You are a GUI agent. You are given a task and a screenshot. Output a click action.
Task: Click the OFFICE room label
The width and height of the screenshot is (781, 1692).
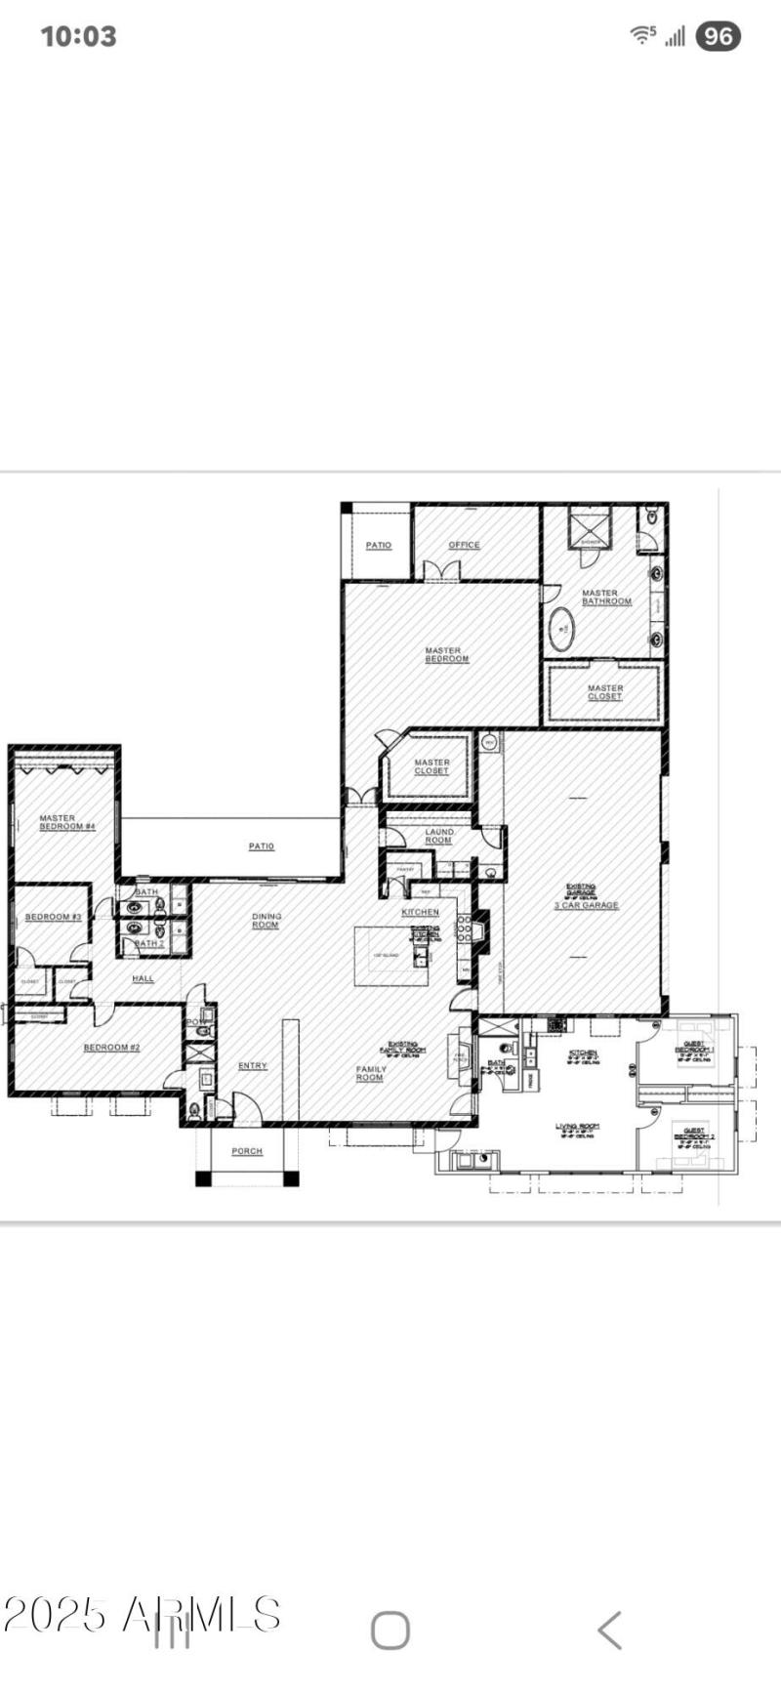click(x=464, y=545)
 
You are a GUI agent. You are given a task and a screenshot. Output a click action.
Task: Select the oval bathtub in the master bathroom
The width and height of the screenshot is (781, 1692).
click(x=561, y=630)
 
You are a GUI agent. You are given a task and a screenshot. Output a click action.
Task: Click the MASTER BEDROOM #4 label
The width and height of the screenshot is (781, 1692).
click(x=66, y=822)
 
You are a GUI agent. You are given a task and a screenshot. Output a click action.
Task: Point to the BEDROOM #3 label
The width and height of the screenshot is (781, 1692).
click(x=53, y=917)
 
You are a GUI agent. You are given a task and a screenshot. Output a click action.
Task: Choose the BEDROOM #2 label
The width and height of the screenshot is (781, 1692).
click(x=111, y=1048)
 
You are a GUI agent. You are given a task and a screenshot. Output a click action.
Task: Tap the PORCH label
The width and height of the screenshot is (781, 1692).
click(x=247, y=1151)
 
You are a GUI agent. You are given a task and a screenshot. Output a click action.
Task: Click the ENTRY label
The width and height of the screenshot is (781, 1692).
click(x=252, y=1065)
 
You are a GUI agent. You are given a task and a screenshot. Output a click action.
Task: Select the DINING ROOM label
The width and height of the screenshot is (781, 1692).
click(x=266, y=921)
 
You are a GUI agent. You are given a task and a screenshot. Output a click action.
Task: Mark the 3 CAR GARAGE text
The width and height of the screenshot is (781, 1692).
click(x=586, y=905)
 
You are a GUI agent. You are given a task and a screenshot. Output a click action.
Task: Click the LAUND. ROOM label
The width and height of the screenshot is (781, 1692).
click(x=438, y=836)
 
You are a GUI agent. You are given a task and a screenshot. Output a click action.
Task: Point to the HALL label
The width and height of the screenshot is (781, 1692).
click(x=144, y=978)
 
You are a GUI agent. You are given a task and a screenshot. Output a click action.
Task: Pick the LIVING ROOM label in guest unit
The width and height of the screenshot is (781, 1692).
click(x=577, y=1128)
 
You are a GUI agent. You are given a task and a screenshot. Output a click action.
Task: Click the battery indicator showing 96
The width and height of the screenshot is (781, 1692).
click(x=718, y=36)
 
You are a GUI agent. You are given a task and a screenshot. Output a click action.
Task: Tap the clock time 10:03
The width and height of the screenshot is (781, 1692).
click(x=78, y=36)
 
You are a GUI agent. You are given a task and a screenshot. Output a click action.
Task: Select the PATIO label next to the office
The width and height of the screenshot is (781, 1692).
click(x=378, y=545)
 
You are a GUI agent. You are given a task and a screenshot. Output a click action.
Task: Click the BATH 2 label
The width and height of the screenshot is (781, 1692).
click(x=148, y=944)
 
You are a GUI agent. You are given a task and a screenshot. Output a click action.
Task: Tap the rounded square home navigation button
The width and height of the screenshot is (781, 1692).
click(x=390, y=1630)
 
